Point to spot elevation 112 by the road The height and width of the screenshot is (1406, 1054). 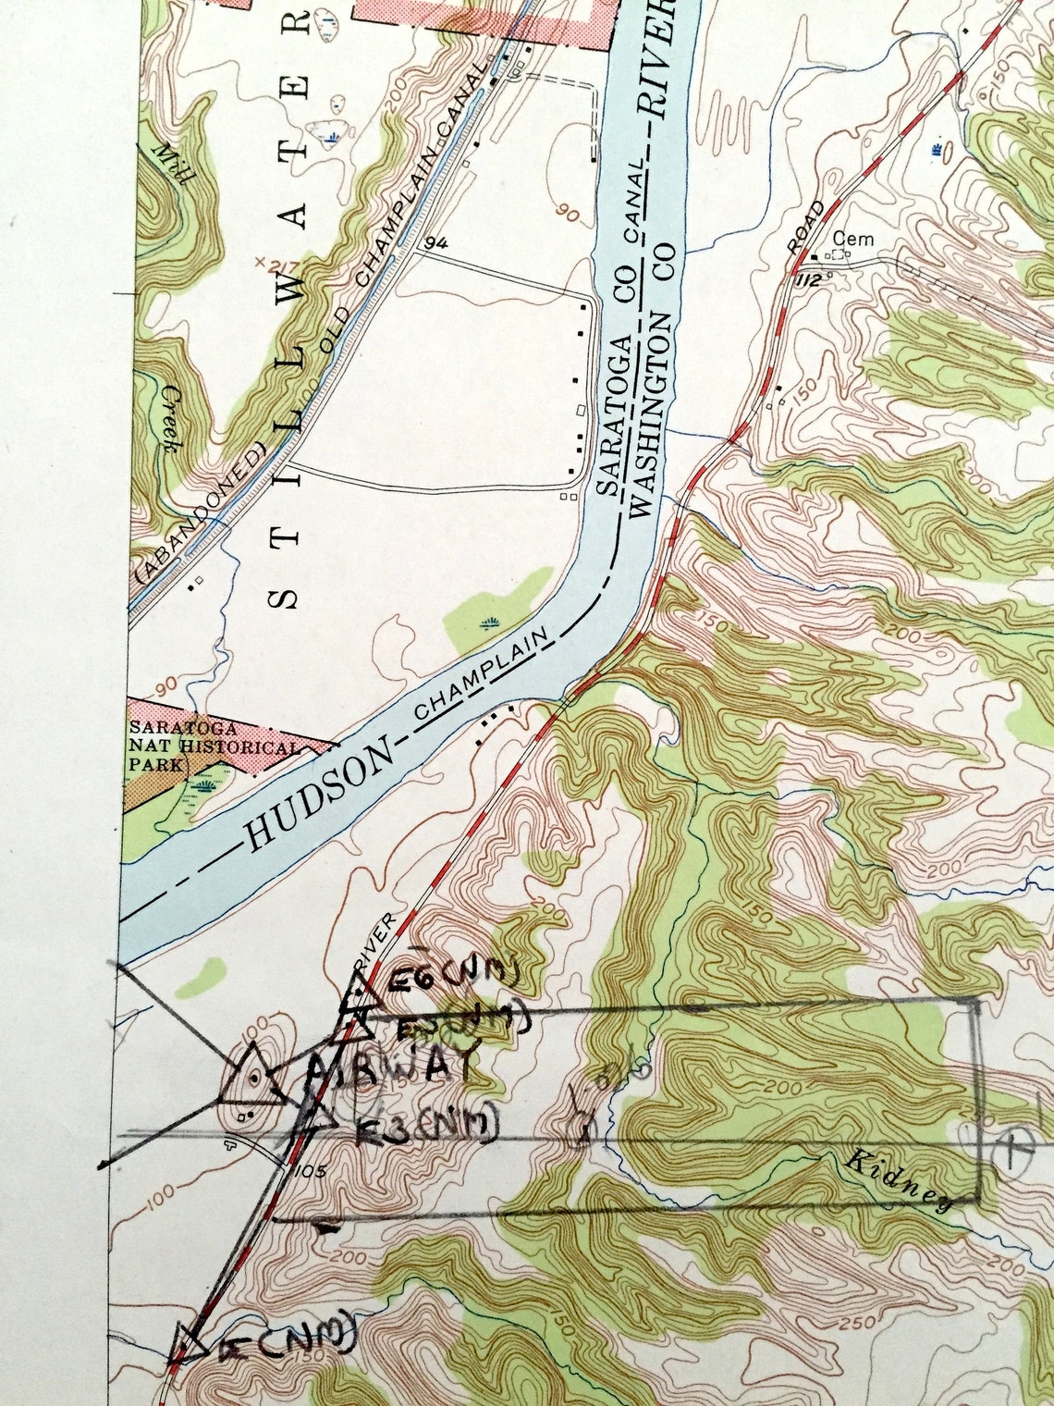tap(806, 280)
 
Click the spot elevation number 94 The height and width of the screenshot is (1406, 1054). tap(437, 243)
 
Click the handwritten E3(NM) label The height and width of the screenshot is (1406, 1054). tap(426, 1124)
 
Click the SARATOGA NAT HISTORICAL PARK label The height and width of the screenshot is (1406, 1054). tap(212, 746)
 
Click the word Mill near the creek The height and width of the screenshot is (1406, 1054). tap(172, 164)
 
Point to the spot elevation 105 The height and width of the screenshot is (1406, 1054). tap(308, 1171)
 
